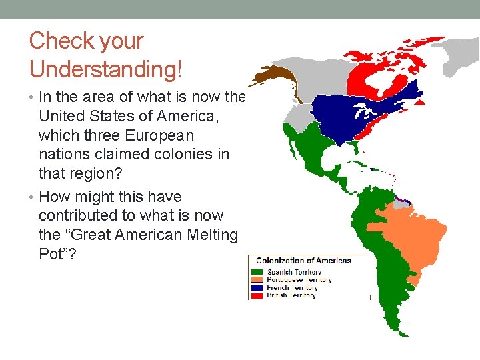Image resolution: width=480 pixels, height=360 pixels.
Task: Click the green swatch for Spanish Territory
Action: [x=257, y=272]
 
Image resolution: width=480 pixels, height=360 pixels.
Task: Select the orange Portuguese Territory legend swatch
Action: [x=257, y=280]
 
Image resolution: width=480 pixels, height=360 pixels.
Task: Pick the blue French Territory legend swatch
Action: [x=257, y=287]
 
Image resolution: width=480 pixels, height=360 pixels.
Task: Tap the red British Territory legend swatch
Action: [x=257, y=295]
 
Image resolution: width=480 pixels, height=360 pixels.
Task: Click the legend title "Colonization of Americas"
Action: [x=303, y=261]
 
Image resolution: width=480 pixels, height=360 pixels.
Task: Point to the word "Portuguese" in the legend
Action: [x=284, y=280]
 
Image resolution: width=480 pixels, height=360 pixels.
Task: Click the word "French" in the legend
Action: [x=278, y=287]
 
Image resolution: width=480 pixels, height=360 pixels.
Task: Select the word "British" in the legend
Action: [x=278, y=295]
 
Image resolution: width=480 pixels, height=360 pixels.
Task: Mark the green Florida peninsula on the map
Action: [x=357, y=149]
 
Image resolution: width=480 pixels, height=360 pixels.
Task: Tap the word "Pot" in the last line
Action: [x=52, y=254]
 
